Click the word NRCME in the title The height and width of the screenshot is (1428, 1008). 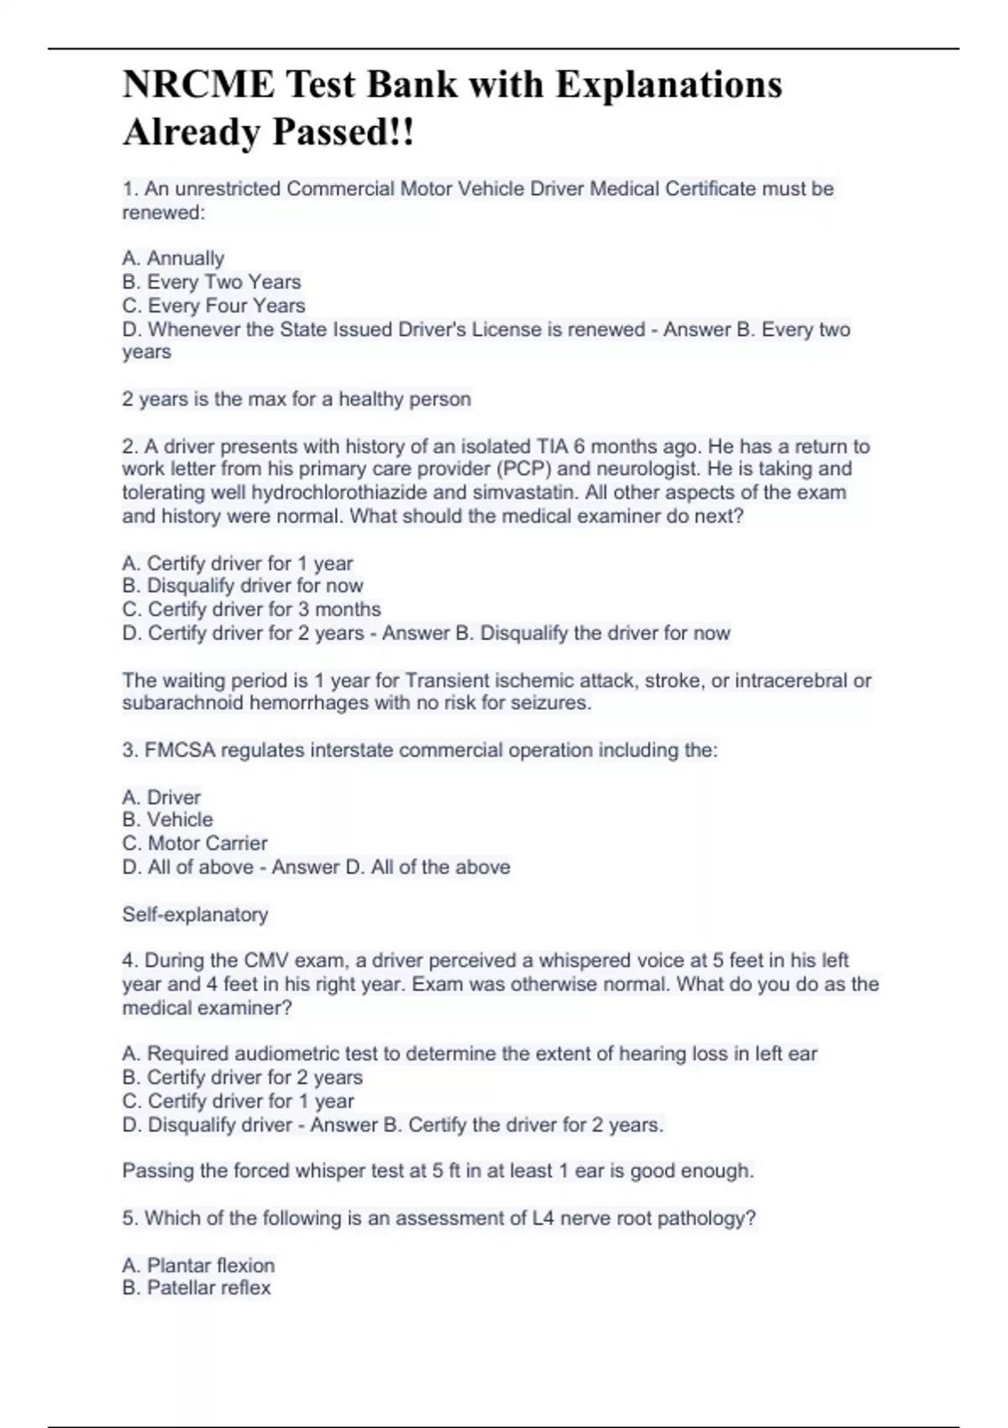(198, 85)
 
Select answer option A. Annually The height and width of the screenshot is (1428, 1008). (173, 258)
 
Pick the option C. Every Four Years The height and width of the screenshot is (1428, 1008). (213, 305)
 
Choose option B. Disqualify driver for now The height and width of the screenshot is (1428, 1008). (242, 585)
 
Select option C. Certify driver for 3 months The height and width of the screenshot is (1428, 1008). (251, 609)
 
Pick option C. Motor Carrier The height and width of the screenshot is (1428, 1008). (195, 843)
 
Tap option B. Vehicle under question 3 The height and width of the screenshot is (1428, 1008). (167, 819)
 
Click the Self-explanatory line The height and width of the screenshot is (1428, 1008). (195, 914)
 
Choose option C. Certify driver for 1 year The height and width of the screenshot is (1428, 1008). (238, 1100)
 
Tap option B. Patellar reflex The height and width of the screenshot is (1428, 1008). (197, 1288)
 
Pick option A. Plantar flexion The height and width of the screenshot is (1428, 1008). (198, 1265)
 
